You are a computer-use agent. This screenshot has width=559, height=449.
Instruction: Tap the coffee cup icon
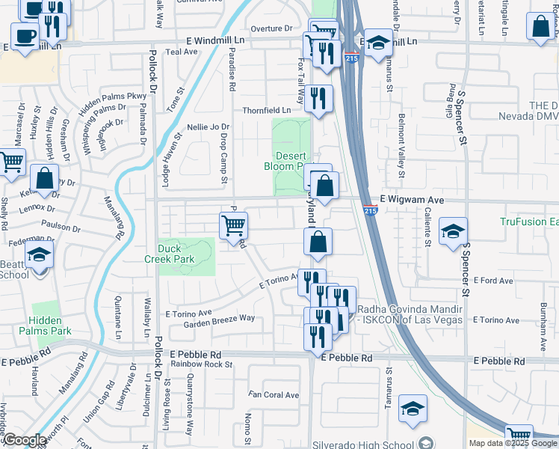(25, 35)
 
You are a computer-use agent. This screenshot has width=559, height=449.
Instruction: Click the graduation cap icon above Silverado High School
(413, 409)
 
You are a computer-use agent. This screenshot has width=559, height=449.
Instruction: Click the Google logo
(25, 440)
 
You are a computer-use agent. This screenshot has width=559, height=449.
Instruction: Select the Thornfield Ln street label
(266, 110)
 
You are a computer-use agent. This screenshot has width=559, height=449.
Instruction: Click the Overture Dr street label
(271, 28)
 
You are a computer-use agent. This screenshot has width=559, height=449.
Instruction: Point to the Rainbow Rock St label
(201, 364)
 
